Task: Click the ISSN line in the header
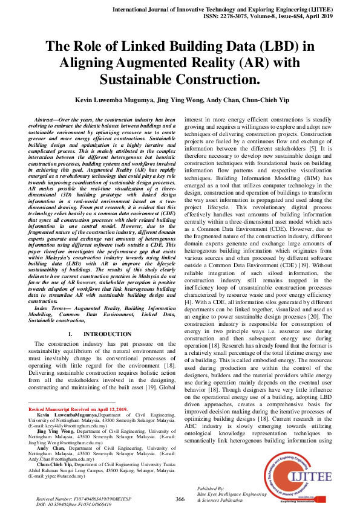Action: click(275, 19)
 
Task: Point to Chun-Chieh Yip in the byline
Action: click(260, 100)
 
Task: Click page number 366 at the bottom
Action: click(180, 499)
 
